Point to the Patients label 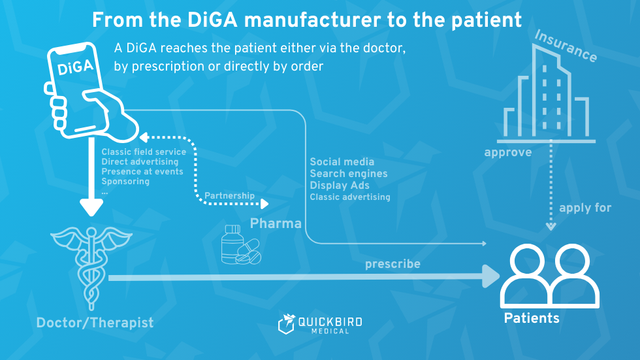(x=532, y=318)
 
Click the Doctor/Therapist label (x=95, y=322)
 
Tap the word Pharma (x=276, y=223)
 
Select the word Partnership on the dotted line (x=229, y=195)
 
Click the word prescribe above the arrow (x=392, y=264)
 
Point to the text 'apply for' (x=585, y=208)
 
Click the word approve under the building (x=507, y=153)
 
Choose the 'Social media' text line (x=342, y=162)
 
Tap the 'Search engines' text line (x=349, y=174)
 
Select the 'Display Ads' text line (x=340, y=186)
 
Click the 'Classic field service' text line (x=144, y=152)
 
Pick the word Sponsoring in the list (x=125, y=182)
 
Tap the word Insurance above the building (x=566, y=46)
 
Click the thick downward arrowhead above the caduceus (x=91, y=208)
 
